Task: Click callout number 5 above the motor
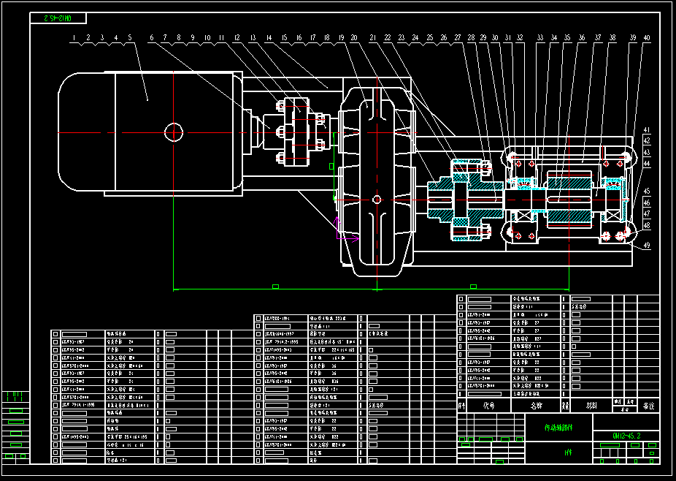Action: (130, 37)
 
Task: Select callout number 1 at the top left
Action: (74, 37)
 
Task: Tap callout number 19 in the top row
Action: (340, 37)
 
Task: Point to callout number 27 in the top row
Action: (458, 37)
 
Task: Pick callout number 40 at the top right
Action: (646, 37)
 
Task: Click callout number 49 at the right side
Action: (646, 246)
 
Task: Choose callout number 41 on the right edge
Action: (646, 130)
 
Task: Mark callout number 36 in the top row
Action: (582, 37)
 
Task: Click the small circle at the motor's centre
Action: (173, 132)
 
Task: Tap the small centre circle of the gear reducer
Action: (376, 199)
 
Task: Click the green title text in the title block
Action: (559, 428)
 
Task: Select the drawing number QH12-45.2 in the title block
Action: (626, 436)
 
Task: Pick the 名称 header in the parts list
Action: (537, 404)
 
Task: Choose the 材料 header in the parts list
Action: (591, 404)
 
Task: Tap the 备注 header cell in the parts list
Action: (648, 404)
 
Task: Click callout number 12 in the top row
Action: (237, 37)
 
